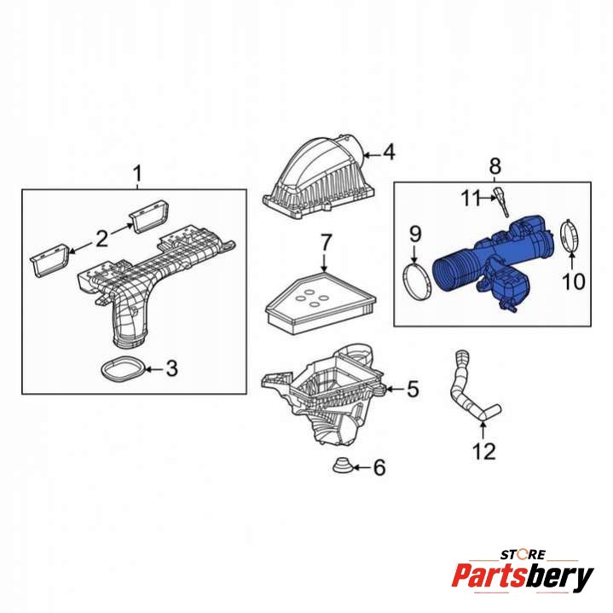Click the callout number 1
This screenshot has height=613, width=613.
(x=137, y=175)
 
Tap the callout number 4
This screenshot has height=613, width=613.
(x=389, y=152)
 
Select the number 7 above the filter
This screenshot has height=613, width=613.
(x=326, y=242)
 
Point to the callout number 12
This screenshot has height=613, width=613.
(x=484, y=452)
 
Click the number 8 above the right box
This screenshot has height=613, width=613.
(x=495, y=166)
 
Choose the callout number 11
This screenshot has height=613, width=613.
(x=471, y=198)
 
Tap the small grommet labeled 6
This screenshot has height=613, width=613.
(x=343, y=465)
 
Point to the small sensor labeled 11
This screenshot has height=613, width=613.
(x=501, y=201)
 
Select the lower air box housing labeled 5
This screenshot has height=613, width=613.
(x=322, y=395)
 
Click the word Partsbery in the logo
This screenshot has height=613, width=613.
(x=523, y=576)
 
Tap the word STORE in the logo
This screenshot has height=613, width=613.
(x=523, y=554)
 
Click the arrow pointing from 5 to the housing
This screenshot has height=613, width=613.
(x=395, y=389)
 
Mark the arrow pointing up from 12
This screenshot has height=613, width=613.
(x=483, y=429)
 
